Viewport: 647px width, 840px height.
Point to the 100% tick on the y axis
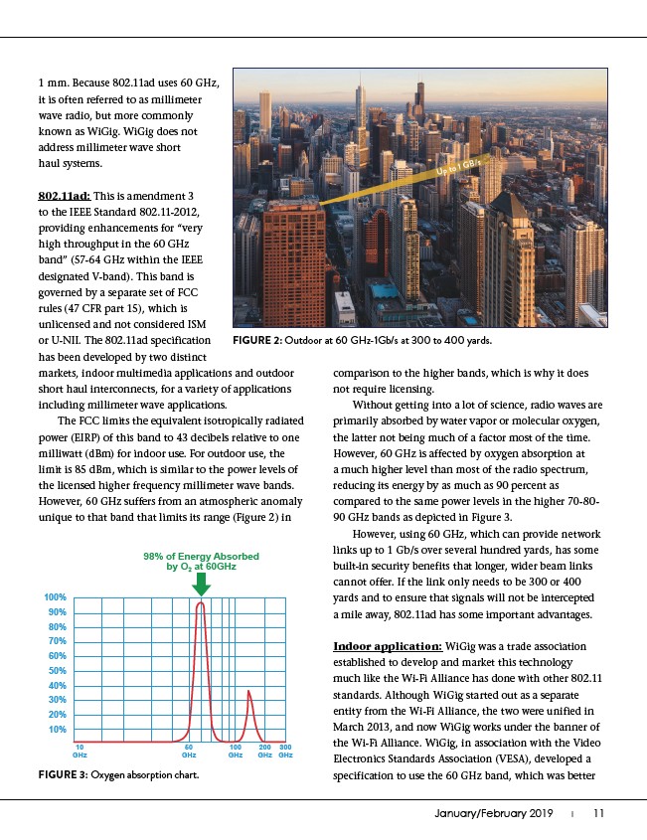pyautogui.click(x=55, y=596)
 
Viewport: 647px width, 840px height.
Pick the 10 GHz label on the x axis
pyautogui.click(x=80, y=752)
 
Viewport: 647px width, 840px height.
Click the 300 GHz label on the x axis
pyautogui.click(x=285, y=752)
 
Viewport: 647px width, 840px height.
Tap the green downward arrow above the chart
pyautogui.click(x=201, y=585)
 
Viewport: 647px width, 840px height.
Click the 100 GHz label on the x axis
pyautogui.click(x=236, y=752)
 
